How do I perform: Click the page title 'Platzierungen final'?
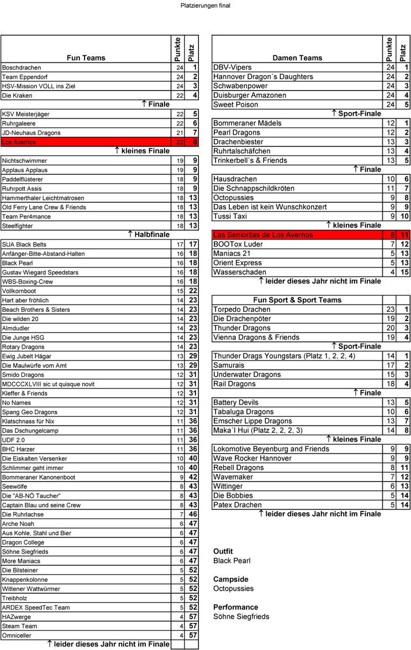click(205, 6)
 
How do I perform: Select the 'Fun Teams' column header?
click(86, 57)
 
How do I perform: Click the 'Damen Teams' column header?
click(297, 57)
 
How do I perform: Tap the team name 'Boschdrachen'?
click(22, 67)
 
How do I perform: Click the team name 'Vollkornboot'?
click(20, 291)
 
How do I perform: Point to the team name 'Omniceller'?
click(17, 636)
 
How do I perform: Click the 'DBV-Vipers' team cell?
click(232, 67)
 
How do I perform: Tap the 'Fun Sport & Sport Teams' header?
click(297, 300)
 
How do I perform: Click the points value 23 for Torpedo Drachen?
click(389, 310)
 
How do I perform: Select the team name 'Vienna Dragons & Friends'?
click(257, 337)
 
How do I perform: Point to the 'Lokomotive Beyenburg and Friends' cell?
click(271, 449)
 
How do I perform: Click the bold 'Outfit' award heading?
click(223, 551)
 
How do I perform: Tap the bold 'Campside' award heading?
click(230, 579)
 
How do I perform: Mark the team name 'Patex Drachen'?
click(238, 505)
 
